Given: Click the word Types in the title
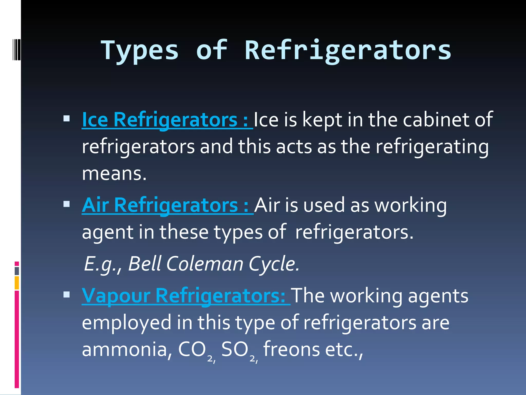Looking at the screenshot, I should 139,51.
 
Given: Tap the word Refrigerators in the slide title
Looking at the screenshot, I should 348,51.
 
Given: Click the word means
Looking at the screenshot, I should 114,174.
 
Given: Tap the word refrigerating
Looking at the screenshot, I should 432,147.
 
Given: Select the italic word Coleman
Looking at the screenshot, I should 205,264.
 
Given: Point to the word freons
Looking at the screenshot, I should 291,349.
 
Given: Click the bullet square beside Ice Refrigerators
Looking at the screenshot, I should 67,119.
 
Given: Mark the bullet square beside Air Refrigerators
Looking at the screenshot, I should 67,204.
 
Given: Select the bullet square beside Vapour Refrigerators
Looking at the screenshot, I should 67,295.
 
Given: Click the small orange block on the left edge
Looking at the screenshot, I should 17,283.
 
